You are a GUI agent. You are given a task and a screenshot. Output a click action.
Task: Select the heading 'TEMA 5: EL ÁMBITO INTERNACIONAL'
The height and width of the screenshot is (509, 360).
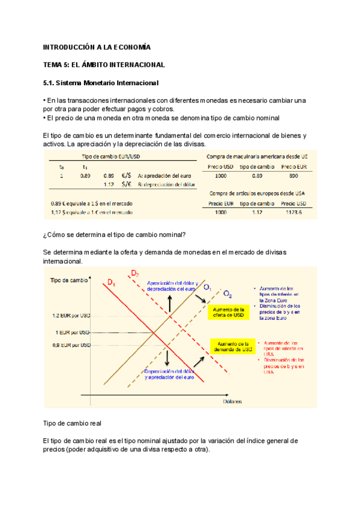point(104,64)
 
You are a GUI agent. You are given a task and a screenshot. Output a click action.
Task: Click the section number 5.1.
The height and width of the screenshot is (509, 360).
point(51,82)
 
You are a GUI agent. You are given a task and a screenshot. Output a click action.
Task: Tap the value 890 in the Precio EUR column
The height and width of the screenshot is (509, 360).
point(294,176)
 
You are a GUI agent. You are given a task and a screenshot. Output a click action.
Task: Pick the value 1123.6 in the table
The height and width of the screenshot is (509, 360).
point(294,212)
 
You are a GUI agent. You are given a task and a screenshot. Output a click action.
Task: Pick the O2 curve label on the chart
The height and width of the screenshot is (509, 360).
point(228,294)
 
